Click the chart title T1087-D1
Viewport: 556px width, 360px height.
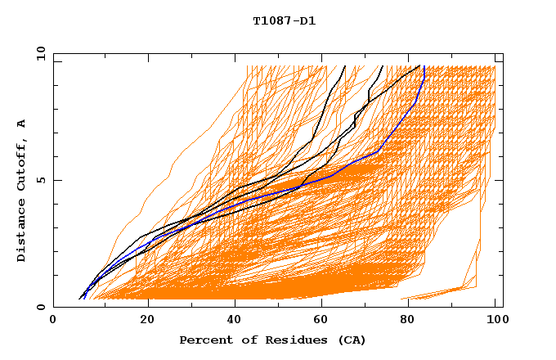click(284, 21)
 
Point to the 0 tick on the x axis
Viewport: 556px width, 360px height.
click(54, 321)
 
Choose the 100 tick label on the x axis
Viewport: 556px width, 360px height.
click(495, 321)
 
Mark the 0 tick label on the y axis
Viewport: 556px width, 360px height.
click(40, 308)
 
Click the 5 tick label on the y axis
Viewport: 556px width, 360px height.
click(40, 180)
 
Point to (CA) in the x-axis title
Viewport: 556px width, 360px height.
click(350, 340)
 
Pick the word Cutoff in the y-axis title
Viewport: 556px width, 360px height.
click(21, 163)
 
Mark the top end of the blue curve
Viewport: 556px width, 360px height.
click(424, 66)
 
